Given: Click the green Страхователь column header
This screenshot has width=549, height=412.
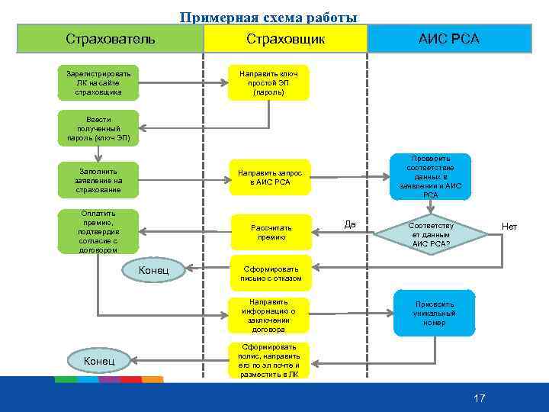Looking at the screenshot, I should coord(110,38).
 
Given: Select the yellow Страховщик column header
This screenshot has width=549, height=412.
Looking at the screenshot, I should coord(285,38).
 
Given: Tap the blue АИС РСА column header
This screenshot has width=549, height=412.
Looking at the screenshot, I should coord(449,38).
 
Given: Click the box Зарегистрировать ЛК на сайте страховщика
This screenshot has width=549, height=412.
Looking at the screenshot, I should coord(98,82).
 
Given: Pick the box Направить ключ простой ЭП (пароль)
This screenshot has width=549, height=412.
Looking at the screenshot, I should coord(268,82).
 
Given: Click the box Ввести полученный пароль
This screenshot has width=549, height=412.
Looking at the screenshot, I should coord(98,129).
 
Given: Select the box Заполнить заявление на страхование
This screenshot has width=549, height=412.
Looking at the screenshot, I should coord(98,179).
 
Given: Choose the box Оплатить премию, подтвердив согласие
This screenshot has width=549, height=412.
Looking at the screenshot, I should coord(98,232).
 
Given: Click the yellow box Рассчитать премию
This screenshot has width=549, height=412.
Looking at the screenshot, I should coord(271,233).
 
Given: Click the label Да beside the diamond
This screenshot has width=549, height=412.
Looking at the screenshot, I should coord(350,224).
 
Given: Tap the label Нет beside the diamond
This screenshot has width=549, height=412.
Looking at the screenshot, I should coord(509,227).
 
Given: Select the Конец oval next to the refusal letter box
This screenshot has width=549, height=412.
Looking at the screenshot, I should coord(155,269).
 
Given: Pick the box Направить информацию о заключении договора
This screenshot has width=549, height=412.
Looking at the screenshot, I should coord(268,315).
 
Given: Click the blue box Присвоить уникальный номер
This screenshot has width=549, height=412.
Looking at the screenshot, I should coord(434,313).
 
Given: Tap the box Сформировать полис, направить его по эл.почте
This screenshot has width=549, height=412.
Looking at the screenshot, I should coord(268,361).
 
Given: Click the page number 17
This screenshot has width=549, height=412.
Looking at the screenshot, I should coord(479,398).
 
